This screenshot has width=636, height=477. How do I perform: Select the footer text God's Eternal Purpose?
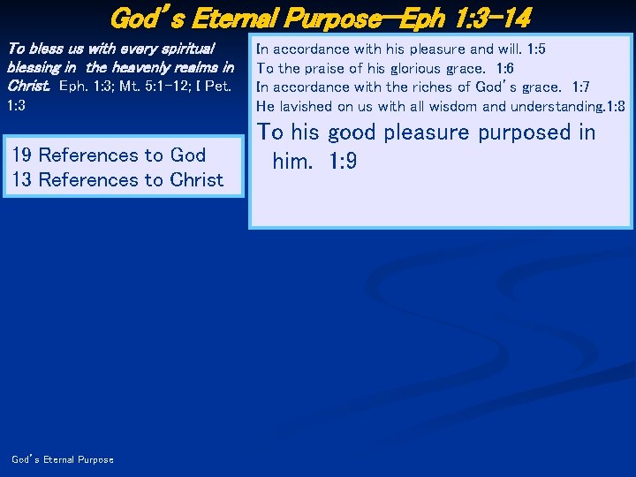[x=63, y=459]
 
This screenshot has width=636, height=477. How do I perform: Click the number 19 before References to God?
[x=23, y=155]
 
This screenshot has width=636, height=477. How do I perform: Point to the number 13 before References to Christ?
[x=23, y=180]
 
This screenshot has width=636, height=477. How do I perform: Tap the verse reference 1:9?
[x=337, y=163]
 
